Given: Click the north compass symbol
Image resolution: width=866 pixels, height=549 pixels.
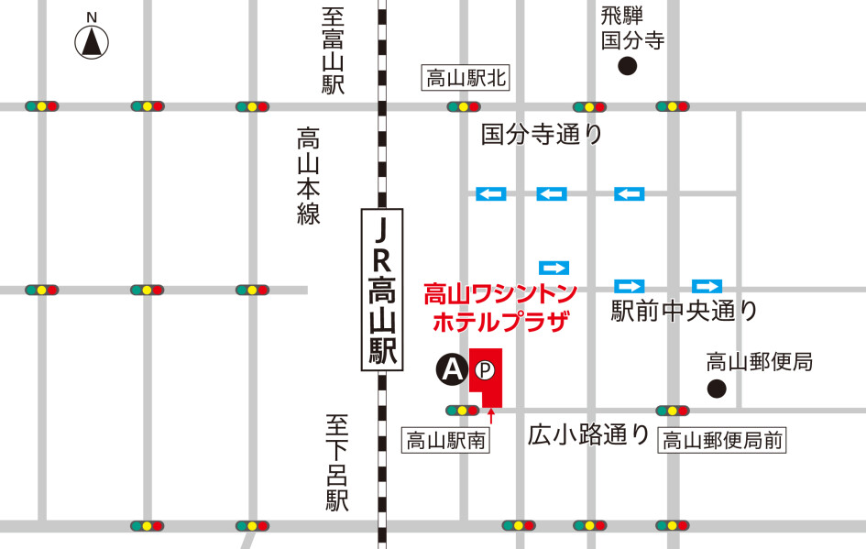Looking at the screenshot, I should click(92, 41).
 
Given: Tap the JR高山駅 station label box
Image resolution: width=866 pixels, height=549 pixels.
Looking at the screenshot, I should click(382, 290).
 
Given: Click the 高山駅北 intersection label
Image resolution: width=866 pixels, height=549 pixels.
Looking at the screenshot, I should click(466, 78).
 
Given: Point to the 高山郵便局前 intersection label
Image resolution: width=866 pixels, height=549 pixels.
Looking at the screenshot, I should click(723, 441).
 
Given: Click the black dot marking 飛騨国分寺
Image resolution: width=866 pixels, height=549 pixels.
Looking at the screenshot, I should click(628, 65).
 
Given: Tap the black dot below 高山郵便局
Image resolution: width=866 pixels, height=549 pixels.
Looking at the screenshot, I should click(717, 389).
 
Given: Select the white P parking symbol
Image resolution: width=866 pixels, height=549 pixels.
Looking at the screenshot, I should click(486, 370).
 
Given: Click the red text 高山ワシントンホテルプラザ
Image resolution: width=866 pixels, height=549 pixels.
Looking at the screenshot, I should click(500, 307).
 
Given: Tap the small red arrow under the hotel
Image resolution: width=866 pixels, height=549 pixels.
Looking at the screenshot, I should click(492, 417).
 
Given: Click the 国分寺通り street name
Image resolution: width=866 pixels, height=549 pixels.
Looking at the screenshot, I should click(543, 135).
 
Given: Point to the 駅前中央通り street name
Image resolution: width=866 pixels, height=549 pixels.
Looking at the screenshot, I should click(685, 312).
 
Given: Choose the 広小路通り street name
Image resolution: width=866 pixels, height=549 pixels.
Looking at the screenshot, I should click(589, 434).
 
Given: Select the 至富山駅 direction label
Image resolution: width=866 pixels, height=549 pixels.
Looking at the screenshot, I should click(332, 51).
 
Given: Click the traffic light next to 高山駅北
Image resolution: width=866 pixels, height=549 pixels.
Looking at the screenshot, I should click(465, 107).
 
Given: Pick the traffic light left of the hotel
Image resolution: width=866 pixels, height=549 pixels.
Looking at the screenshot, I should click(462, 410).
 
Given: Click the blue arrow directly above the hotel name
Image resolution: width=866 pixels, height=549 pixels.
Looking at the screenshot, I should click(554, 268).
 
